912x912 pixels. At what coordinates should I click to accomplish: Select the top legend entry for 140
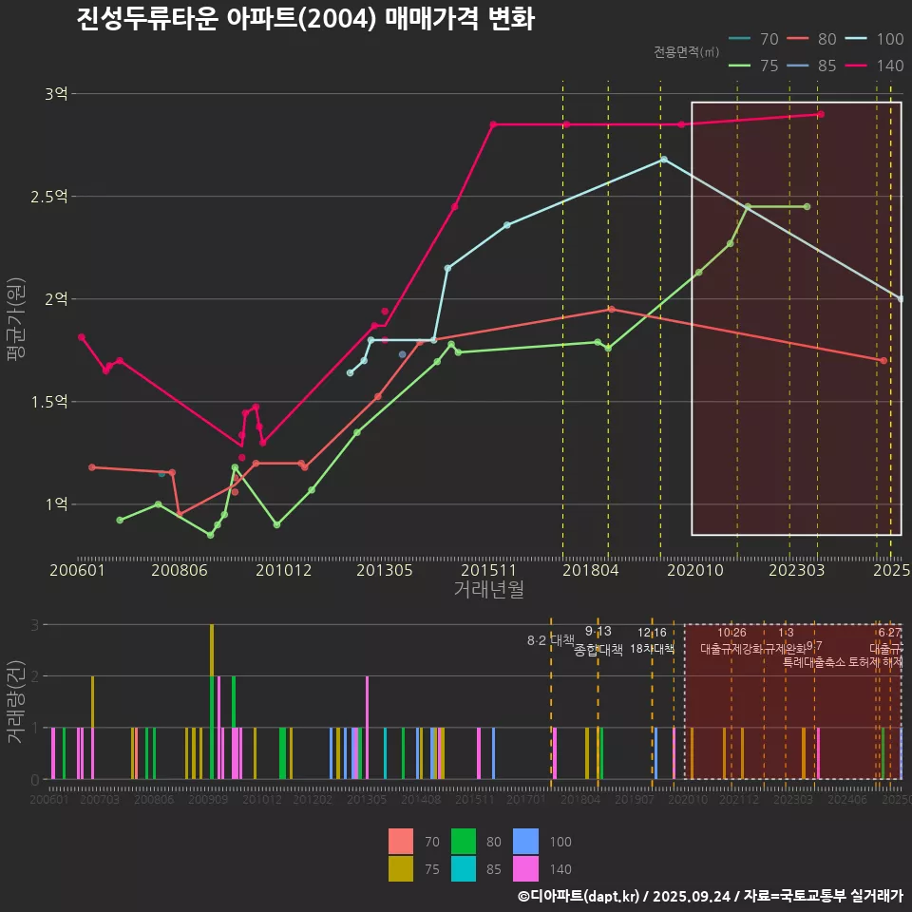pyautogui.click(x=879, y=66)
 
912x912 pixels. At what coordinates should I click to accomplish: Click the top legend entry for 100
pyautogui.click(x=879, y=39)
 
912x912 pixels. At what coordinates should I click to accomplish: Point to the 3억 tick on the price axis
pyautogui.click(x=56, y=94)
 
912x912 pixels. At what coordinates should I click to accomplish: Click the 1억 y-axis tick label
pyautogui.click(x=56, y=503)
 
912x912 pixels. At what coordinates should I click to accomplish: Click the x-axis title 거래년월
pyautogui.click(x=488, y=590)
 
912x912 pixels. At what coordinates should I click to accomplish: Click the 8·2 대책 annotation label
pyautogui.click(x=551, y=640)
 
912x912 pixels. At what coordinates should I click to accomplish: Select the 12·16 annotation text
pyautogui.click(x=652, y=633)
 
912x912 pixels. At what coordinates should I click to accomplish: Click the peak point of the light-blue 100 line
pyautogui.click(x=664, y=159)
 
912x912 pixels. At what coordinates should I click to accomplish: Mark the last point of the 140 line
pyautogui.click(x=821, y=114)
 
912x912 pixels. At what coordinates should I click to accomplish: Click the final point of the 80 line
pyautogui.click(x=883, y=361)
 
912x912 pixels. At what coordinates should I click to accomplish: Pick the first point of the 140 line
pyautogui.click(x=82, y=337)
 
